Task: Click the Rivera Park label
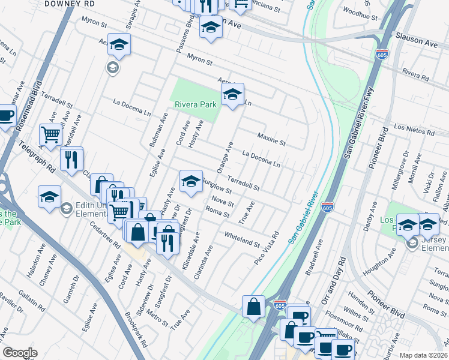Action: click(x=195, y=104)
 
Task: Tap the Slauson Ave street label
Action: click(x=417, y=44)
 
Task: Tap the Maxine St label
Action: click(x=272, y=140)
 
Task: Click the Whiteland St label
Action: click(x=242, y=240)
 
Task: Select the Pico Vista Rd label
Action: click(x=267, y=248)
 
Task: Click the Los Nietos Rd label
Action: click(x=414, y=129)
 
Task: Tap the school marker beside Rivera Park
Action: click(x=232, y=94)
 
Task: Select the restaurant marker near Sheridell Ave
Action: click(x=71, y=158)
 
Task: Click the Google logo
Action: click(x=20, y=353)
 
